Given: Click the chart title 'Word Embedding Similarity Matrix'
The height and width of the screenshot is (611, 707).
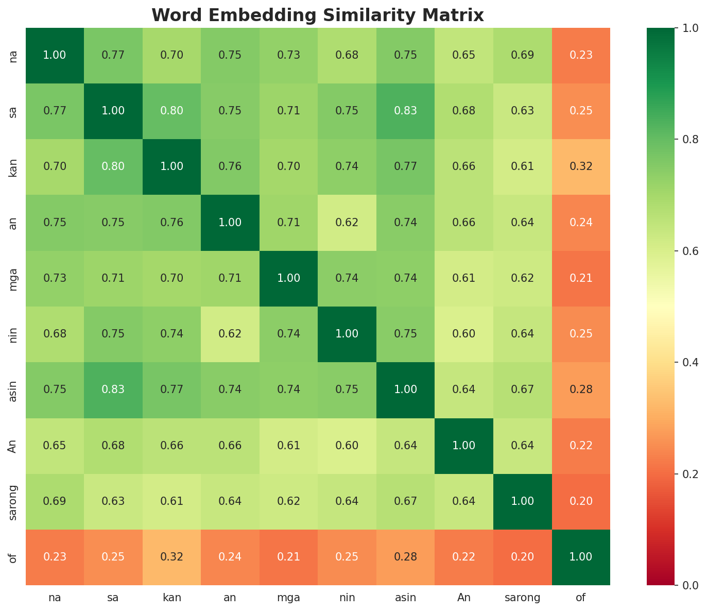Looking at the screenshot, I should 318,15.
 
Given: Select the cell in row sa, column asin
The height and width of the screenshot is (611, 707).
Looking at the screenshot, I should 405,111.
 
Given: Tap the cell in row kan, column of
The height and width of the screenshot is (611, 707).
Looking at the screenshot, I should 581,167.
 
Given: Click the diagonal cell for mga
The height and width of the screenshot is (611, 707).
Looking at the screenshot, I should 288,278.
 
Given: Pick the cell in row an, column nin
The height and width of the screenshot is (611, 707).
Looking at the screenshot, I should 347,223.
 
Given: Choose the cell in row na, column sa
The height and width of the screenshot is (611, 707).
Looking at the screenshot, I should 113,56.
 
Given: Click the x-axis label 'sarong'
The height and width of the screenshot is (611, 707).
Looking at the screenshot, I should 522,598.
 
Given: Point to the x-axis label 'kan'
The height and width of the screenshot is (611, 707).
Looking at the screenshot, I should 172,598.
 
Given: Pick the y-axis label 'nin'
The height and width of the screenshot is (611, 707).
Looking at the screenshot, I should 13,334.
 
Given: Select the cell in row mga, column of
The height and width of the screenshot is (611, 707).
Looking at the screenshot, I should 581,278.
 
